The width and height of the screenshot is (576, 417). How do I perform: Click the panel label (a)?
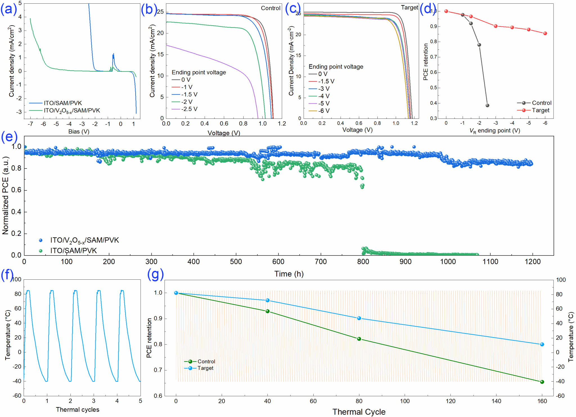(x=8, y=9)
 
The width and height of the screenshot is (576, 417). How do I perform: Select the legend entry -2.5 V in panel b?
(x=189, y=109)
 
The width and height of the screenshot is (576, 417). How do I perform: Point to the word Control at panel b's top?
(x=271, y=8)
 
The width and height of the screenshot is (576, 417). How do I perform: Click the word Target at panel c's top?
(x=409, y=8)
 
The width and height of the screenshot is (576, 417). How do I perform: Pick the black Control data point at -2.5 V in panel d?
(x=487, y=106)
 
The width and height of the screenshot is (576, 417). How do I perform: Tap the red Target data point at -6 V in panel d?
(x=545, y=33)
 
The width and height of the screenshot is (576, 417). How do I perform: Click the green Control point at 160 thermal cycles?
(x=542, y=382)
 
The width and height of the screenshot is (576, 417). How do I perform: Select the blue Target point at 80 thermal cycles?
(x=359, y=318)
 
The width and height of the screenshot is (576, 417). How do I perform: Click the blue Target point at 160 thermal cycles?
(x=542, y=344)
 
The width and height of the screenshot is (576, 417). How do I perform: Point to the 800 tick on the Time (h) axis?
(x=363, y=262)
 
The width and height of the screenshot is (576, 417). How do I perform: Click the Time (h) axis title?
(x=289, y=274)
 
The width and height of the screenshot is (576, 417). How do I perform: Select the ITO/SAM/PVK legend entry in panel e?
(x=73, y=250)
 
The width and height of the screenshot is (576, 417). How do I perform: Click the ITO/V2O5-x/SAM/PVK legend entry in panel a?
(x=72, y=111)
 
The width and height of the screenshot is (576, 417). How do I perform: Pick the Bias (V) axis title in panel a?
(x=79, y=131)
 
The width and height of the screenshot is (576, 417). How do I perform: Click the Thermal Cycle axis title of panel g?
(x=359, y=412)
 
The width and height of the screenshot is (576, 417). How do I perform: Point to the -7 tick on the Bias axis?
(x=30, y=124)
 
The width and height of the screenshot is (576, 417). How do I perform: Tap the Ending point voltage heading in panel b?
(x=199, y=72)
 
